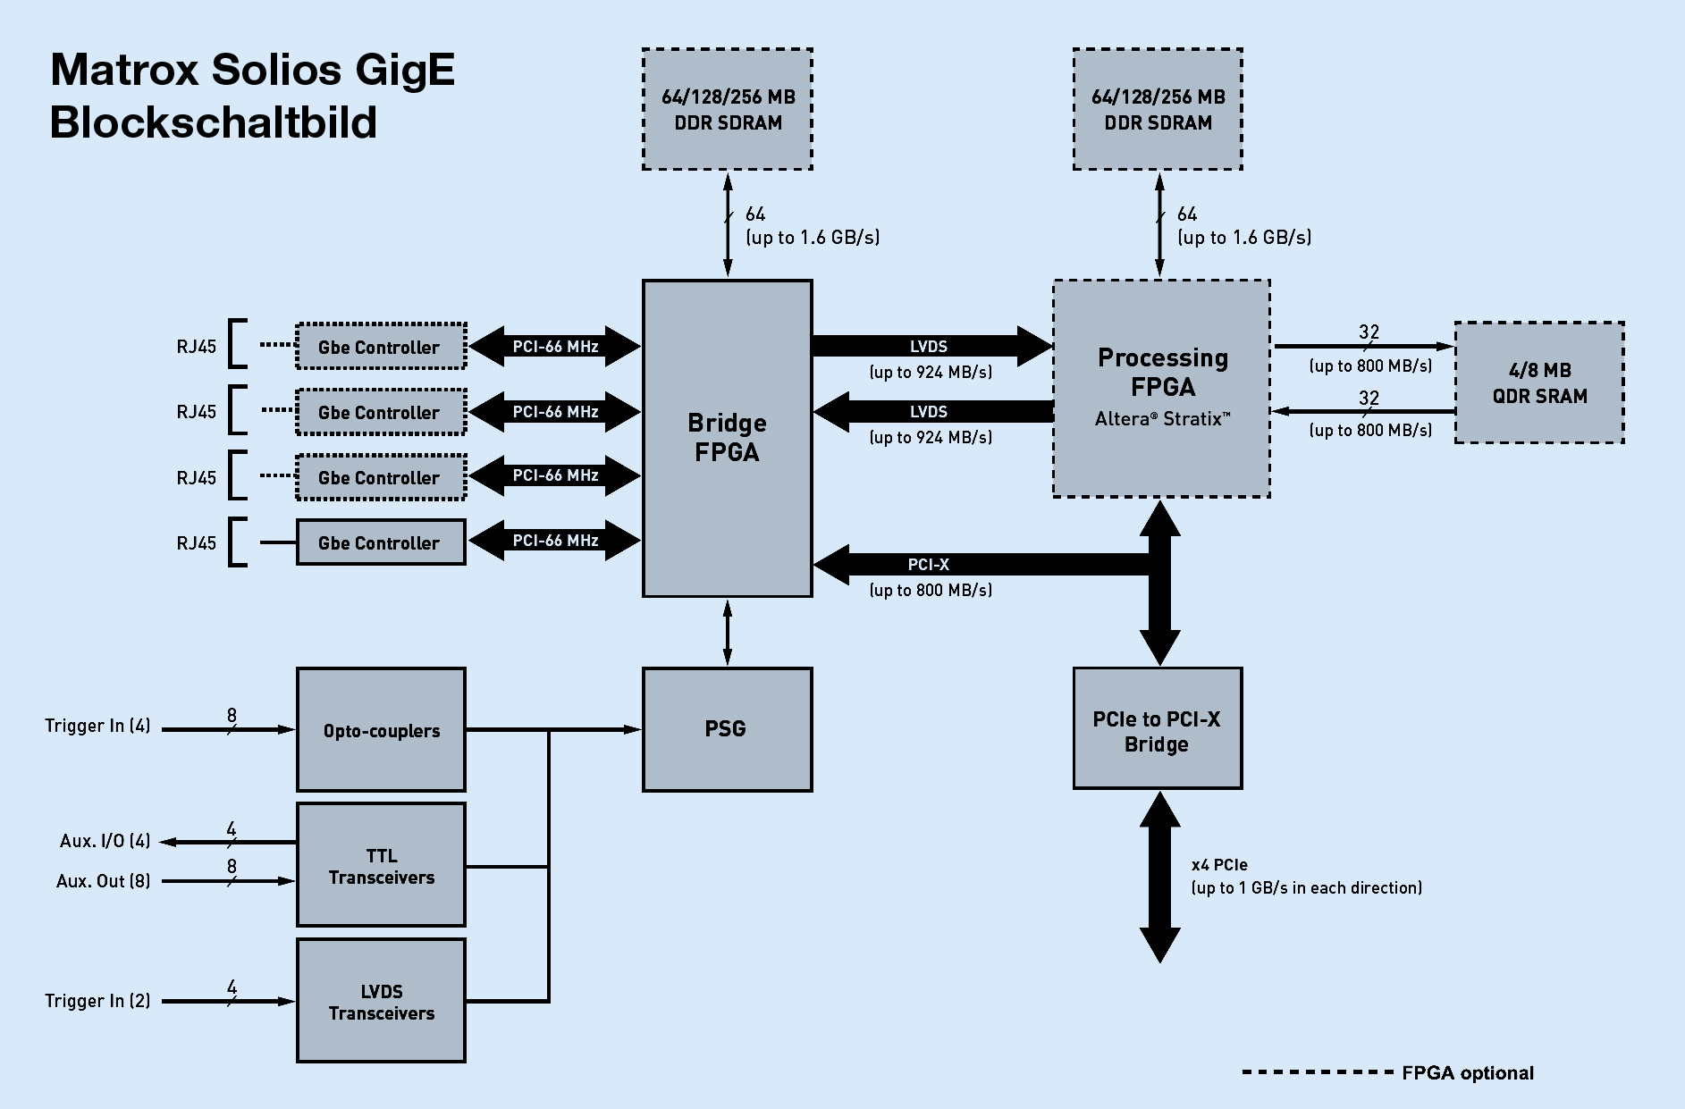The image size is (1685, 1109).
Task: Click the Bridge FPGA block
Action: pyautogui.click(x=727, y=438)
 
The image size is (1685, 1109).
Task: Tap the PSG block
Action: pyautogui.click(x=727, y=729)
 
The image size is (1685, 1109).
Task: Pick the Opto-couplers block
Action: pyautogui.click(x=381, y=730)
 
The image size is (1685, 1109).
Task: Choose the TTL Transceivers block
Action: pyautogui.click(x=381, y=865)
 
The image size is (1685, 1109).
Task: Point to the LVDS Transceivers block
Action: pyautogui.click(x=381, y=1001)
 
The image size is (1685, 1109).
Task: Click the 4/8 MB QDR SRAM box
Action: pyautogui.click(x=1539, y=382)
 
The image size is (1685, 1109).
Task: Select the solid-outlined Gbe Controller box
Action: pyautogui.click(x=381, y=542)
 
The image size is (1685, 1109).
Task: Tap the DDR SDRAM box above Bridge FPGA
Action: pyautogui.click(x=727, y=109)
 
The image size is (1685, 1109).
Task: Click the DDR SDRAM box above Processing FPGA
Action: pyautogui.click(x=1158, y=109)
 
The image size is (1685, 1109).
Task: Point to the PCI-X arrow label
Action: pyautogui.click(x=928, y=565)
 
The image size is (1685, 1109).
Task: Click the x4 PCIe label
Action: pyautogui.click(x=1219, y=865)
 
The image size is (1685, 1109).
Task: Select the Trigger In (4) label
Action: pyautogui.click(x=97, y=726)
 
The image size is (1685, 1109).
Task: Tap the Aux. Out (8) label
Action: pyautogui.click(x=103, y=881)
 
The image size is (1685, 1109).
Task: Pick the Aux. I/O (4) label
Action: pyautogui.click(x=105, y=841)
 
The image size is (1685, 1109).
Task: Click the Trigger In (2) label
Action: pyautogui.click(x=97, y=1001)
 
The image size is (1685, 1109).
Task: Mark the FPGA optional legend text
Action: pyautogui.click(x=1467, y=1073)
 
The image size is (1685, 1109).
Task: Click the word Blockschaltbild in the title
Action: pyautogui.click(x=213, y=122)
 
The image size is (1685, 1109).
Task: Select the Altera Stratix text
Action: pyautogui.click(x=1162, y=419)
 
